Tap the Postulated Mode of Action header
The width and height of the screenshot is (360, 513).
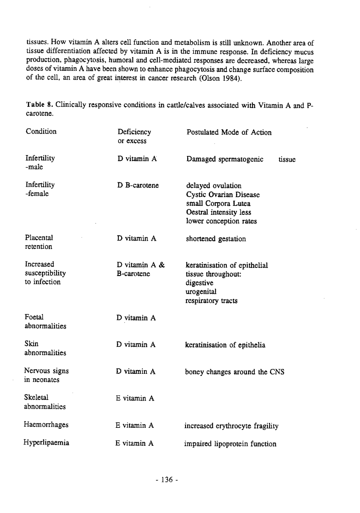pyautogui.click(x=229, y=132)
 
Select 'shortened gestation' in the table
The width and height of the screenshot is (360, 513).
pyautogui.click(x=216, y=239)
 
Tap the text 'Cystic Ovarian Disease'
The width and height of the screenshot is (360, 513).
pyautogui.click(x=223, y=195)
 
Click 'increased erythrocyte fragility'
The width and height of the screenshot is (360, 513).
pyautogui.click(x=231, y=426)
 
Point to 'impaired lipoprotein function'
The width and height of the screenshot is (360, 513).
pyautogui.click(x=230, y=444)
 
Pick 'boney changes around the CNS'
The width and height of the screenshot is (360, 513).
pyautogui.click(x=234, y=372)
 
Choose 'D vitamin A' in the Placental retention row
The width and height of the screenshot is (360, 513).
pyautogui.click(x=136, y=239)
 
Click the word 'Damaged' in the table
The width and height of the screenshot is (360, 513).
pyautogui.click(x=201, y=159)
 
